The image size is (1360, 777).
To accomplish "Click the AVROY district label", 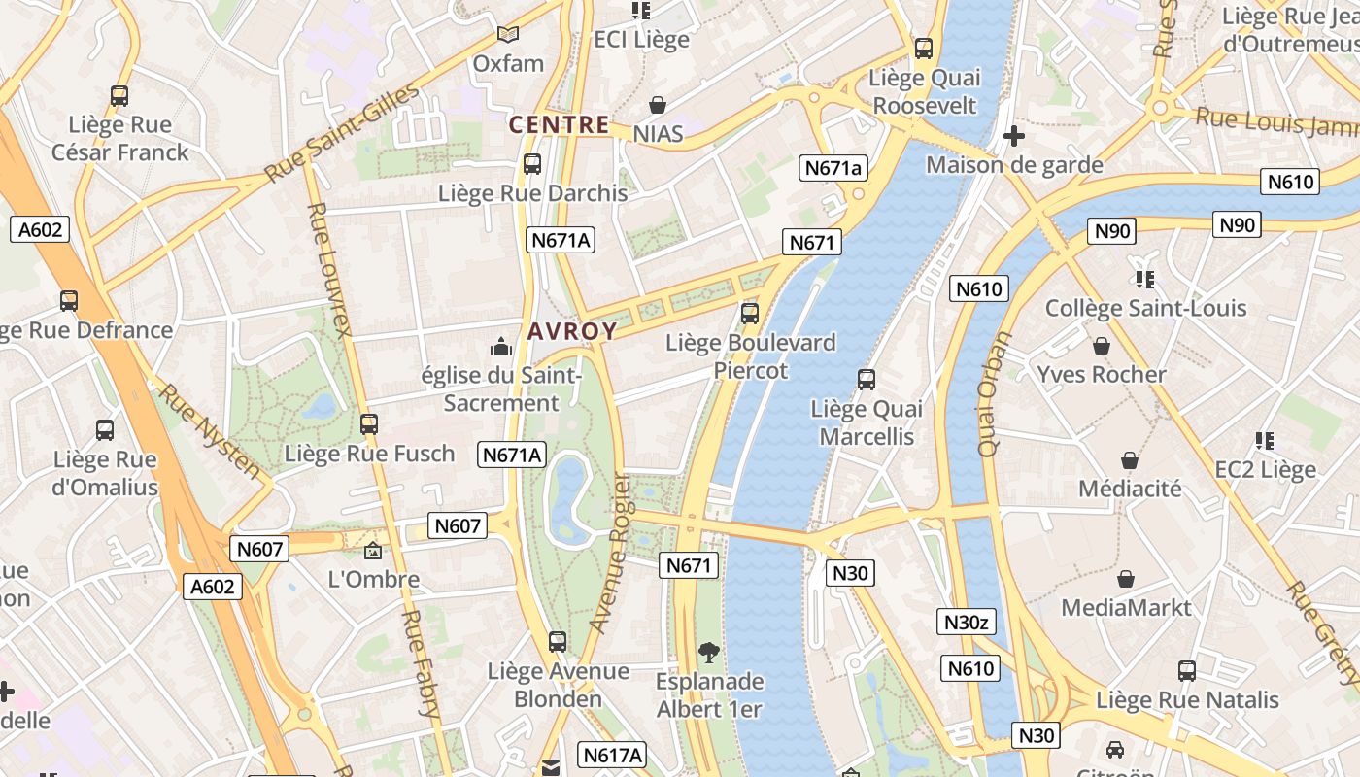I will point(572,331).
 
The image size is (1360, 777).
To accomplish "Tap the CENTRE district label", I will point(560,124).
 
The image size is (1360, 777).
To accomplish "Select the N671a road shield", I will point(833,168).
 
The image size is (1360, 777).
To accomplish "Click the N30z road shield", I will point(967,623).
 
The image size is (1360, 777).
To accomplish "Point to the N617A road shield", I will point(612,755).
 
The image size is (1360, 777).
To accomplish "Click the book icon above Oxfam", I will point(508,35).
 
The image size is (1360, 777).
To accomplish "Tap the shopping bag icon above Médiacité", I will point(1130,460).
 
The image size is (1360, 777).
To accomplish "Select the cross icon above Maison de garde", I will point(1013,136).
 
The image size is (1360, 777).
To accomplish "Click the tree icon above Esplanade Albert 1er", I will point(709,653).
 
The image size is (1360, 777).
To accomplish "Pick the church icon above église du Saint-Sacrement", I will point(501,346).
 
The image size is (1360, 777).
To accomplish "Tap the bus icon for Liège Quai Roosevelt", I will point(924,49).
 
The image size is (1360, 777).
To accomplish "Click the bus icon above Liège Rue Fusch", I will point(369,424).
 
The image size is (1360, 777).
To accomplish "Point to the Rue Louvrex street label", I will point(328,269).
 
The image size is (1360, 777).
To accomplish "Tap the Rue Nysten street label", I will point(210,431).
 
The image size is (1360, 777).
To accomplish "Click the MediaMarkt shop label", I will point(1125,608).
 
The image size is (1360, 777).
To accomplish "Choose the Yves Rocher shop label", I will point(1101,375).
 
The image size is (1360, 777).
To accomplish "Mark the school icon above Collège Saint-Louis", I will point(1144,280).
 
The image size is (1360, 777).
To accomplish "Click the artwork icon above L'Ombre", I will point(373,551).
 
